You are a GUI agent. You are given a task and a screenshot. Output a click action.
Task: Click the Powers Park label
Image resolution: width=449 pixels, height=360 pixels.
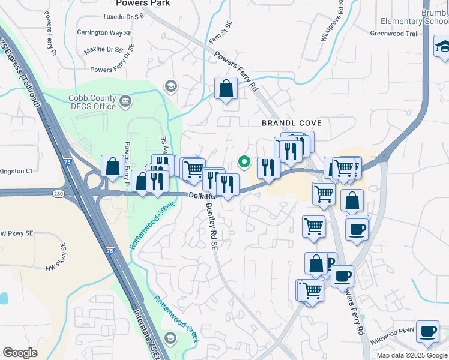point(143,4)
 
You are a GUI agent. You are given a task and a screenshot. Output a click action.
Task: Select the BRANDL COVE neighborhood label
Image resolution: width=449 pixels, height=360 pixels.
point(292,123)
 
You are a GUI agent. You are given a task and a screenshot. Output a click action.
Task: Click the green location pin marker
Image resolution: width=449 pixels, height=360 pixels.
point(244,161)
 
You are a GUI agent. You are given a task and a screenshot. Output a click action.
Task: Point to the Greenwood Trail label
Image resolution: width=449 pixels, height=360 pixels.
point(394,34)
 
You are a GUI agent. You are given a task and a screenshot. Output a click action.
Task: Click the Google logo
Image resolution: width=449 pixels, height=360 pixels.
point(20,353)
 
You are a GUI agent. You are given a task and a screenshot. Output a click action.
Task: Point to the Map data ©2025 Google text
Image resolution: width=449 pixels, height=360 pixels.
point(412,355)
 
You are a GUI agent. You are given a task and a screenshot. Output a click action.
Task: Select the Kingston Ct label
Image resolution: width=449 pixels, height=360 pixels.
point(16,171)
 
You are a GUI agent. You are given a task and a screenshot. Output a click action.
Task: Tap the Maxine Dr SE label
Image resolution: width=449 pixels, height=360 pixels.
point(103,50)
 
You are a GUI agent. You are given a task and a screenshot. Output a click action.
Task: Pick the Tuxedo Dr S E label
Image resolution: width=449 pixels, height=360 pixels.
point(123,16)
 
